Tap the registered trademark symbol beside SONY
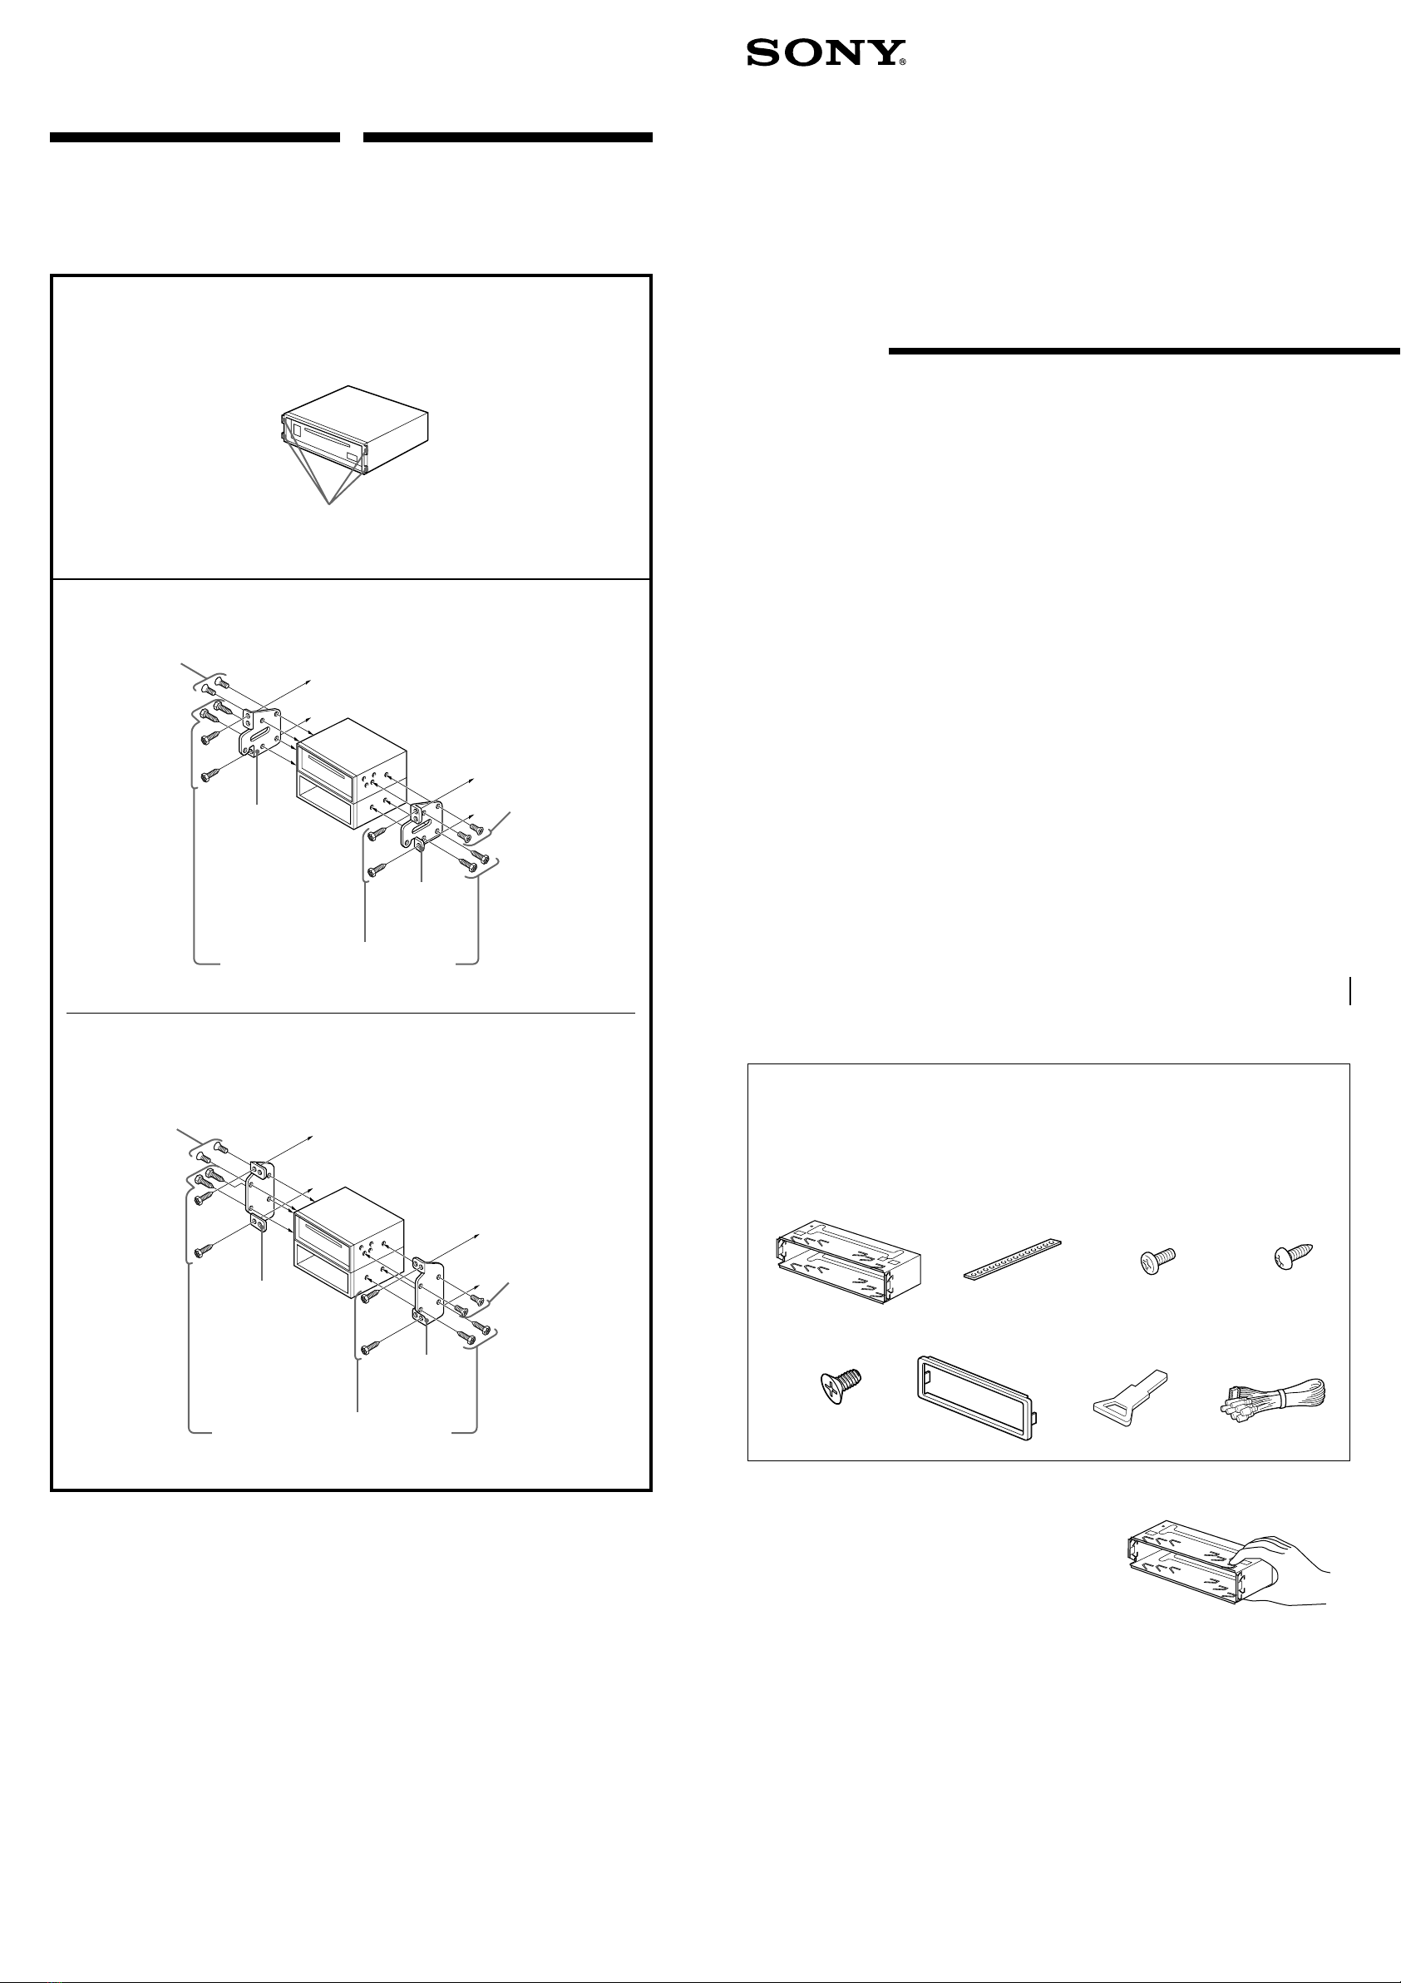[x=902, y=63]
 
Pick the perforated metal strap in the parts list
[x=1011, y=1259]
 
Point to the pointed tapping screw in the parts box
[x=1293, y=1256]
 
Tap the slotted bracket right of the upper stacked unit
[x=422, y=825]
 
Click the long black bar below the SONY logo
[x=1145, y=350]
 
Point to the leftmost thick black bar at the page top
[x=195, y=136]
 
